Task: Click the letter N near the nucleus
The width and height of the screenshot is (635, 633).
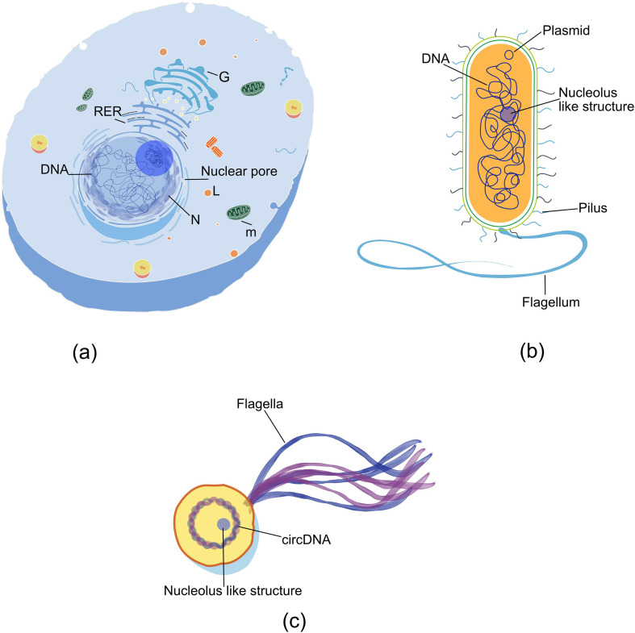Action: (x=195, y=219)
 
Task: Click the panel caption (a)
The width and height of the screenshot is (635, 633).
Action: (x=86, y=352)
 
